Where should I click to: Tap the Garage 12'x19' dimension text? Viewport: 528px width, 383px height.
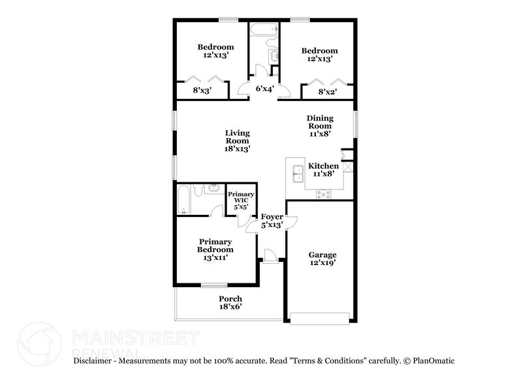coord(322,263)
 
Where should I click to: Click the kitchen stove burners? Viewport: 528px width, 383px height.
coord(324,193)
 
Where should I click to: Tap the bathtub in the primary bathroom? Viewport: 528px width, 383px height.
coord(183,200)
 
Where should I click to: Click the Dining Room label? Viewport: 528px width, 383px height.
coord(320,126)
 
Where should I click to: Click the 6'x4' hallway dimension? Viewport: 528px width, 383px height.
coord(264,89)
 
